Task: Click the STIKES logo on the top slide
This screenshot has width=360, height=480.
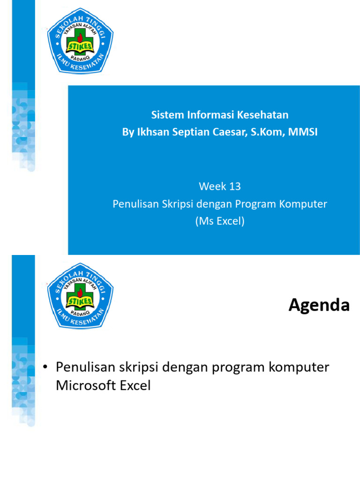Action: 80,41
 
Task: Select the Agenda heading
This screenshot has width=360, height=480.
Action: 319,306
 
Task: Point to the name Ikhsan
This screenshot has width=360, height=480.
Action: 150,132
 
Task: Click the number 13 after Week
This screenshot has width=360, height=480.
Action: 235,186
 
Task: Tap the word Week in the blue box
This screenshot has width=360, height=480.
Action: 213,186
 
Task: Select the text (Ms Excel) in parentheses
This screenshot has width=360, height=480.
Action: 220,221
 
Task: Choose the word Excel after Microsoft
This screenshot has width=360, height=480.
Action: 136,386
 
